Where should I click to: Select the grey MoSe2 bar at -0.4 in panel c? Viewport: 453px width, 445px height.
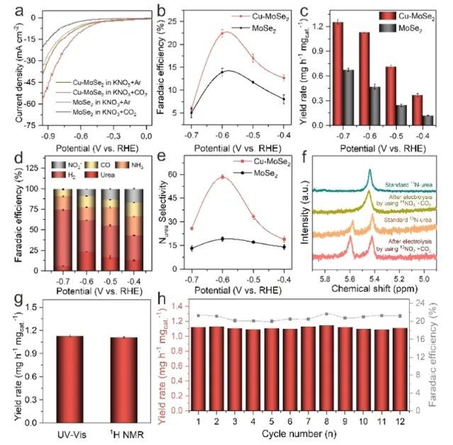427,120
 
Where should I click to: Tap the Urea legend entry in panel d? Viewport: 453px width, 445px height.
104,174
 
